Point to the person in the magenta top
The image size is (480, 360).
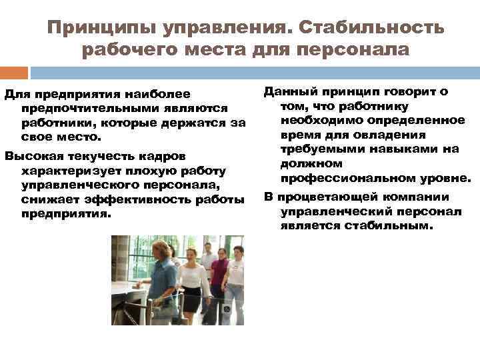(220, 273)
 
